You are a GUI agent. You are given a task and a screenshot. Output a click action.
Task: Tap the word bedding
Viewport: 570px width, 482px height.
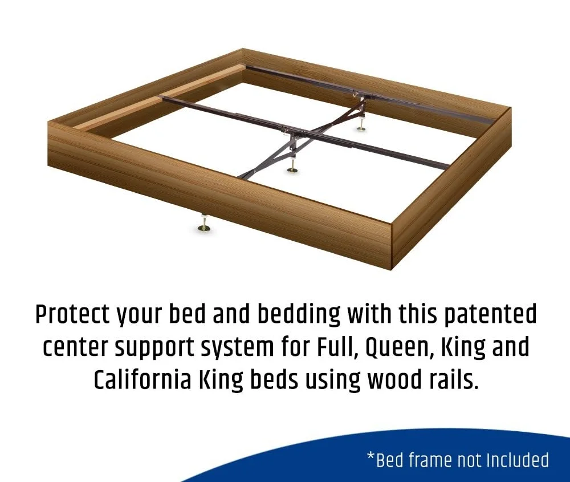299,314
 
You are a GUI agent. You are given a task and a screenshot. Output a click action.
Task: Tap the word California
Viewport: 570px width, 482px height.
142,380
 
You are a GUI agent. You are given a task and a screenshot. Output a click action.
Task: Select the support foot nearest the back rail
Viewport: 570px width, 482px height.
360,123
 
